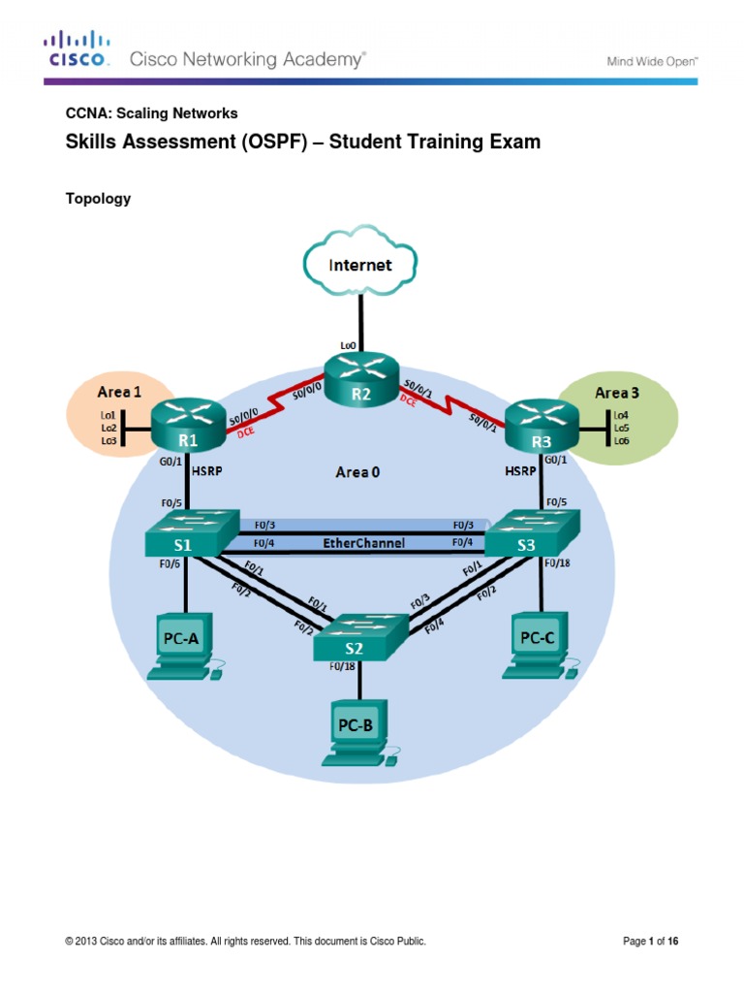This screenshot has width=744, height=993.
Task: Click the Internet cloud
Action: click(x=360, y=262)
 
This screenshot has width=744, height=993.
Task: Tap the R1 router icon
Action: click(x=188, y=424)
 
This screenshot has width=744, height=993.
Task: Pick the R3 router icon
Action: click(x=540, y=424)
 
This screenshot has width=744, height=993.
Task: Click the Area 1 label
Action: click(x=119, y=393)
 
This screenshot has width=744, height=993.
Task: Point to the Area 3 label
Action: click(x=617, y=392)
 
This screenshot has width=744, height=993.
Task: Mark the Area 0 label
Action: click(x=352, y=472)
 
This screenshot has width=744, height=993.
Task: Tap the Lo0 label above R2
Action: click(x=348, y=344)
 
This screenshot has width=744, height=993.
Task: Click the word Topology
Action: click(x=98, y=199)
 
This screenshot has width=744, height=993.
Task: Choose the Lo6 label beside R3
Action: click(x=622, y=440)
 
